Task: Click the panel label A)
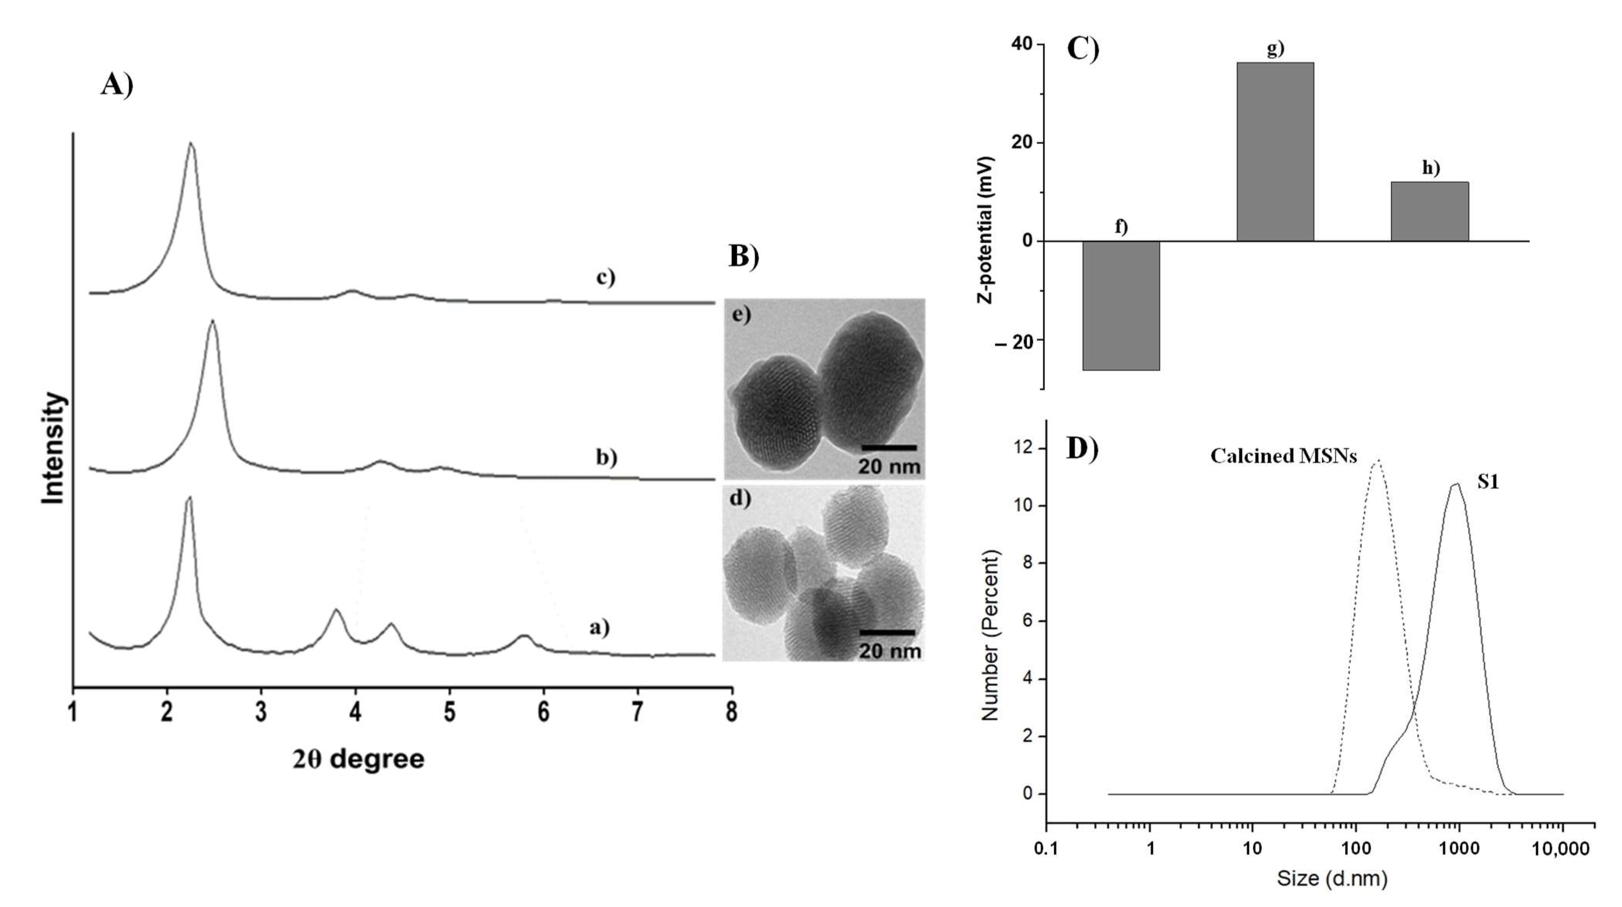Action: (117, 84)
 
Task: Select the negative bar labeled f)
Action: (1121, 305)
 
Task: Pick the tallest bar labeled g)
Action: (1275, 151)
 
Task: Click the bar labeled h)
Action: (1430, 211)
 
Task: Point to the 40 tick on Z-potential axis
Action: (1022, 44)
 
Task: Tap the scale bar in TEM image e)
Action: (888, 448)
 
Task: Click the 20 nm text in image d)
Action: (889, 651)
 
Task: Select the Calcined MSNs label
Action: (1283, 456)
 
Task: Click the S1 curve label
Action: (1488, 482)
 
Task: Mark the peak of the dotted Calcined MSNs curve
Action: (1378, 461)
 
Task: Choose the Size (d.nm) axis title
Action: (1332, 878)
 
